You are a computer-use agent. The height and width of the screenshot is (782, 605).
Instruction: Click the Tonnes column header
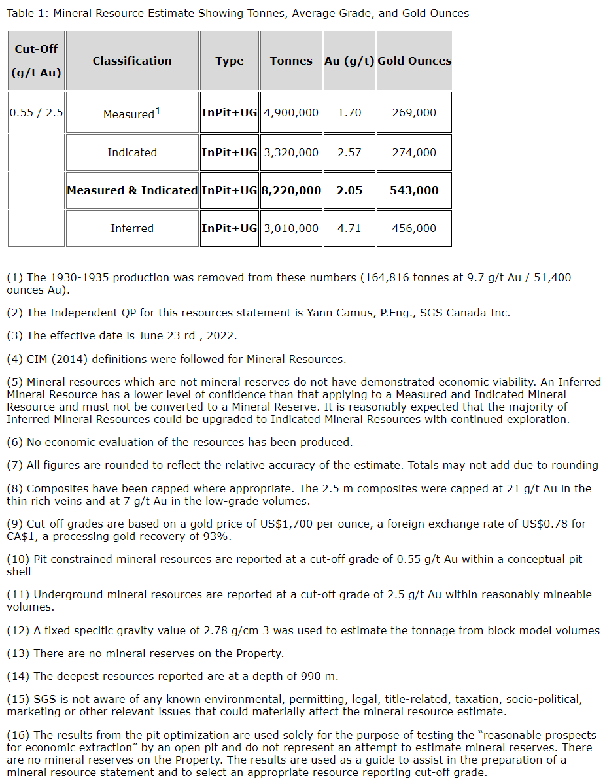[291, 61]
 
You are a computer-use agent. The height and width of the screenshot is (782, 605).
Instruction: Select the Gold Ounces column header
[414, 61]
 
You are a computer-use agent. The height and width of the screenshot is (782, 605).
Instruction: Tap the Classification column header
[132, 61]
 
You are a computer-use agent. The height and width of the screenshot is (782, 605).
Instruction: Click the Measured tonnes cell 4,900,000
[291, 112]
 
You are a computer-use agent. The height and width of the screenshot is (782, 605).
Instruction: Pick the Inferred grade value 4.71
[349, 228]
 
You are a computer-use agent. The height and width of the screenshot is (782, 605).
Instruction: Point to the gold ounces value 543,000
[414, 190]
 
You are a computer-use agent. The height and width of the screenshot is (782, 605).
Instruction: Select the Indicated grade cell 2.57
[349, 152]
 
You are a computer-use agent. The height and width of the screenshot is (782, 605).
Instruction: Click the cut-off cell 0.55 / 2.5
[36, 112]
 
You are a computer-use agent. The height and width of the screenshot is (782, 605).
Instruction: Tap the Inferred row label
[132, 228]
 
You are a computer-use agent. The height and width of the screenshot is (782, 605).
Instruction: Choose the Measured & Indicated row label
[132, 190]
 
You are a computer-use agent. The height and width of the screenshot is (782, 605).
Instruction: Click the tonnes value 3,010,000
[291, 228]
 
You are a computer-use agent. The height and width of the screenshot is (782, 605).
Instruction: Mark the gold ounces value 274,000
[414, 152]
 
